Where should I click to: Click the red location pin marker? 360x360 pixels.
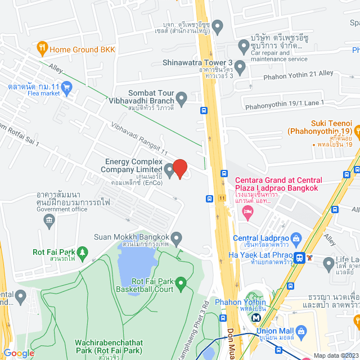pos(179,168)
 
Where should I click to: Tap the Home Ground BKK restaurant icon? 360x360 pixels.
pos(42,49)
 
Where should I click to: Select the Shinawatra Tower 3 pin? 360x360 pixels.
pos(240,68)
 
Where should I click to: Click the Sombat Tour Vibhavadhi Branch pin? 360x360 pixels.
pos(181,100)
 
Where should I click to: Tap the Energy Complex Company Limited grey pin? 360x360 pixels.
pos(169,169)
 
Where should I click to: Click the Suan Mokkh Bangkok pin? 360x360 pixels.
pos(177,240)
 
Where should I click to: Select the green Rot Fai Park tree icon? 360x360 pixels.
pos(83,251)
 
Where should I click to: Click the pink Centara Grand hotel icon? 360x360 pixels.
pos(248,211)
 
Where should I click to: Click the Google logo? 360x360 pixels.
pos(19,353)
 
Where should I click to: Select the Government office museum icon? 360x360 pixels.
pos(49,218)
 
